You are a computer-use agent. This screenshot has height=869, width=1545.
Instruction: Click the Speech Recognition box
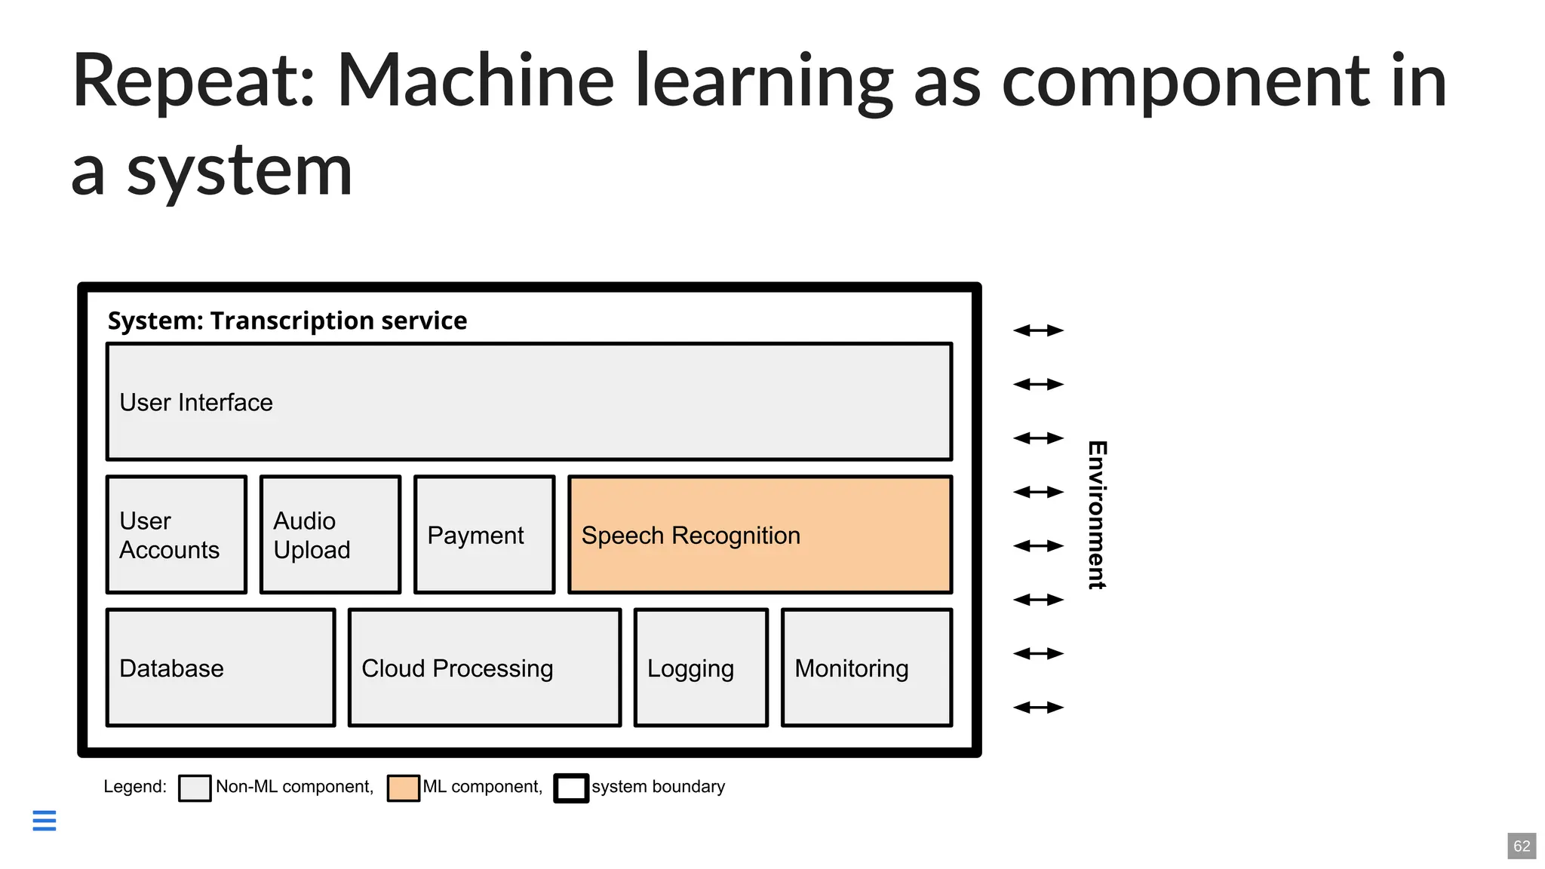point(760,535)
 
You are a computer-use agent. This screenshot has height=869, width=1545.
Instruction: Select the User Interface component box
point(529,402)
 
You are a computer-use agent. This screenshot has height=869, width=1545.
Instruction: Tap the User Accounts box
point(177,535)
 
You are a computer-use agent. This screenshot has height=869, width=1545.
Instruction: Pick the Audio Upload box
point(330,535)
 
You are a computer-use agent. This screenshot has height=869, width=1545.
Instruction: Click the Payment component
point(484,535)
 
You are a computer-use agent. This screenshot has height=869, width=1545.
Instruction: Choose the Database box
point(220,668)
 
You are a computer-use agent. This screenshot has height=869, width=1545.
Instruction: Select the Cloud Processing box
point(484,668)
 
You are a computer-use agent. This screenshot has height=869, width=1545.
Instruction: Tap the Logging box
point(701,668)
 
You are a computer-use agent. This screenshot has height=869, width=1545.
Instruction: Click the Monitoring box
point(867,668)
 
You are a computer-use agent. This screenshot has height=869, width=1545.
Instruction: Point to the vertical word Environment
point(1097,514)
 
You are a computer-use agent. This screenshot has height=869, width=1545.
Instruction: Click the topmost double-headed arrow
point(1038,330)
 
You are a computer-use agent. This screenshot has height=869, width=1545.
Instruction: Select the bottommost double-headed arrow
point(1038,708)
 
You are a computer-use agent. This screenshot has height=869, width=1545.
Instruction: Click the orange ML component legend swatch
point(403,788)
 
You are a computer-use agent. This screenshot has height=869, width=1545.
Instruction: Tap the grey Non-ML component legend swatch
point(195,788)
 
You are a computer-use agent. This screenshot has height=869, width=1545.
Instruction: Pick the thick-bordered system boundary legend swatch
point(571,788)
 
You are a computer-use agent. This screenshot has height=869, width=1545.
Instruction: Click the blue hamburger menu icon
point(45,820)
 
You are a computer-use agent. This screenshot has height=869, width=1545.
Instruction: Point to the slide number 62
point(1522,846)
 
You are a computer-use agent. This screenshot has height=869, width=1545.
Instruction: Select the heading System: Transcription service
point(287,321)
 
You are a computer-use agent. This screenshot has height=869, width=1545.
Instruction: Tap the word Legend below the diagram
point(134,787)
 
